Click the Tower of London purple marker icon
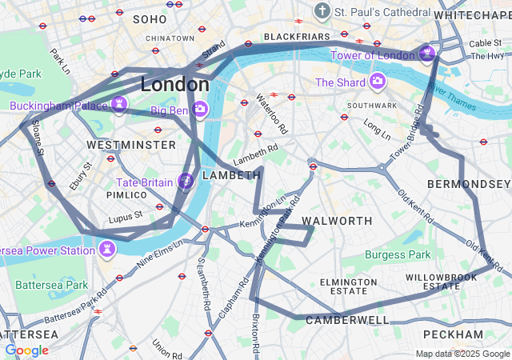(428, 54)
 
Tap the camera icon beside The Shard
(377, 82)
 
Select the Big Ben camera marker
(200, 108)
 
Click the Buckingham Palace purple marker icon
(120, 105)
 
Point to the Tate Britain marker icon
(185, 182)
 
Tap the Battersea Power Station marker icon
(106, 249)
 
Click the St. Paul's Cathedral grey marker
(322, 12)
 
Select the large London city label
(174, 84)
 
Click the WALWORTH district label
(337, 220)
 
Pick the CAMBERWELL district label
(347, 320)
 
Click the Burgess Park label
(398, 254)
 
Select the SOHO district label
(150, 18)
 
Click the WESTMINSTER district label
(130, 145)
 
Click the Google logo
(26, 350)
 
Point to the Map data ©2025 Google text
(462, 354)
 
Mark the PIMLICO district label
(126, 194)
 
